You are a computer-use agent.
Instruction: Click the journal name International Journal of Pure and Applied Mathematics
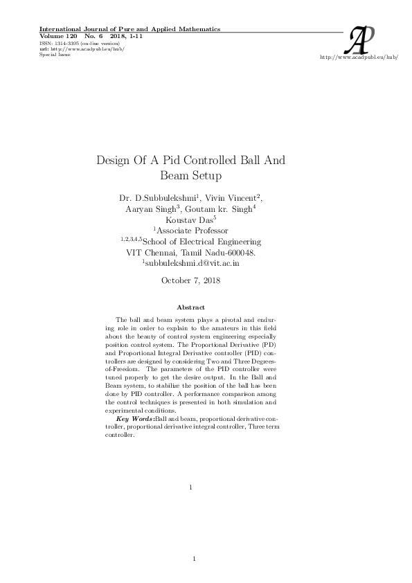[x=129, y=29]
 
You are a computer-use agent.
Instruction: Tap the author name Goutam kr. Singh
[x=222, y=209]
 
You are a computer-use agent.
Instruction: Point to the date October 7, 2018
[x=190, y=280]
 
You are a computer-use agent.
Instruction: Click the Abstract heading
[x=190, y=306]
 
